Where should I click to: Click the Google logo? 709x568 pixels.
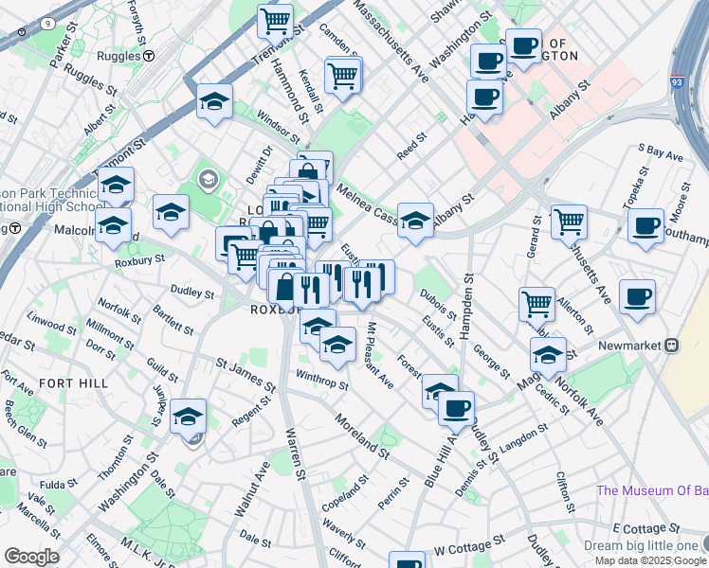point(30,557)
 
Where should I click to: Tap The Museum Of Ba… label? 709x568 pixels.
point(651,490)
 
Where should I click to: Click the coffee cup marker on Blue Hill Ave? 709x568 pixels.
point(456,407)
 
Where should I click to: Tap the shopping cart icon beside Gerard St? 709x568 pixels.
point(569,222)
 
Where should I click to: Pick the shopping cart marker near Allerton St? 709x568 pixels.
point(536,304)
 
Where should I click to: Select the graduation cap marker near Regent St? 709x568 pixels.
point(188,415)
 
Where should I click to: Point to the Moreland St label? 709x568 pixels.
point(361,435)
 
